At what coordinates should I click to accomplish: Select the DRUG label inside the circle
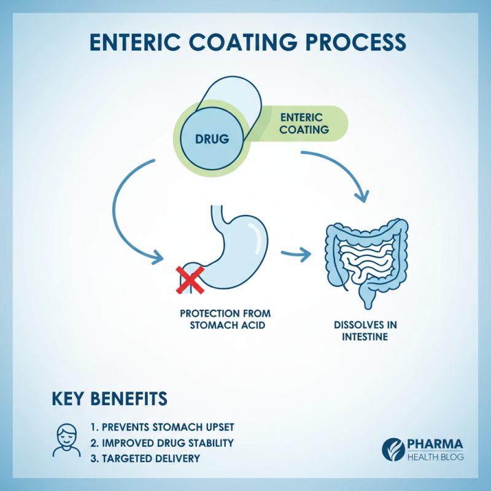pos(212,139)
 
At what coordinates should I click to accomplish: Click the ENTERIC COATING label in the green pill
pos(304,123)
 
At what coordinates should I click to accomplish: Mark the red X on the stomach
pos(191,280)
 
